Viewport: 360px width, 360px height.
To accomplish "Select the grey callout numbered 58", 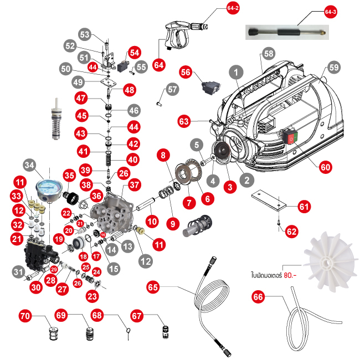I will [269, 54].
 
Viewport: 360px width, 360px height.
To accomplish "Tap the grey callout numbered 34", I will [29, 164].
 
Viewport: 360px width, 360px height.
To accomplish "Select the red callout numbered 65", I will [153, 286].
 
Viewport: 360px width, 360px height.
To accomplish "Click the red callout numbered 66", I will [258, 297].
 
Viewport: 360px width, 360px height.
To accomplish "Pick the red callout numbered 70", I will [25, 316].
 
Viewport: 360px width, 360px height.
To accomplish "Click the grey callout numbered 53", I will [84, 34].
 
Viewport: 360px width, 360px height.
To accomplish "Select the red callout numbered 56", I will [185, 71].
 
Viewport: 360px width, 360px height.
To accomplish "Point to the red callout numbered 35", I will [69, 176].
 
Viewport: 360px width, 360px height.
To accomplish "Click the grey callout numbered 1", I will [236, 72].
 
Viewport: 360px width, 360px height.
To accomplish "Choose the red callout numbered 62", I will [291, 233].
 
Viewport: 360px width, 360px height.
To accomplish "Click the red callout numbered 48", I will [129, 90].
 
